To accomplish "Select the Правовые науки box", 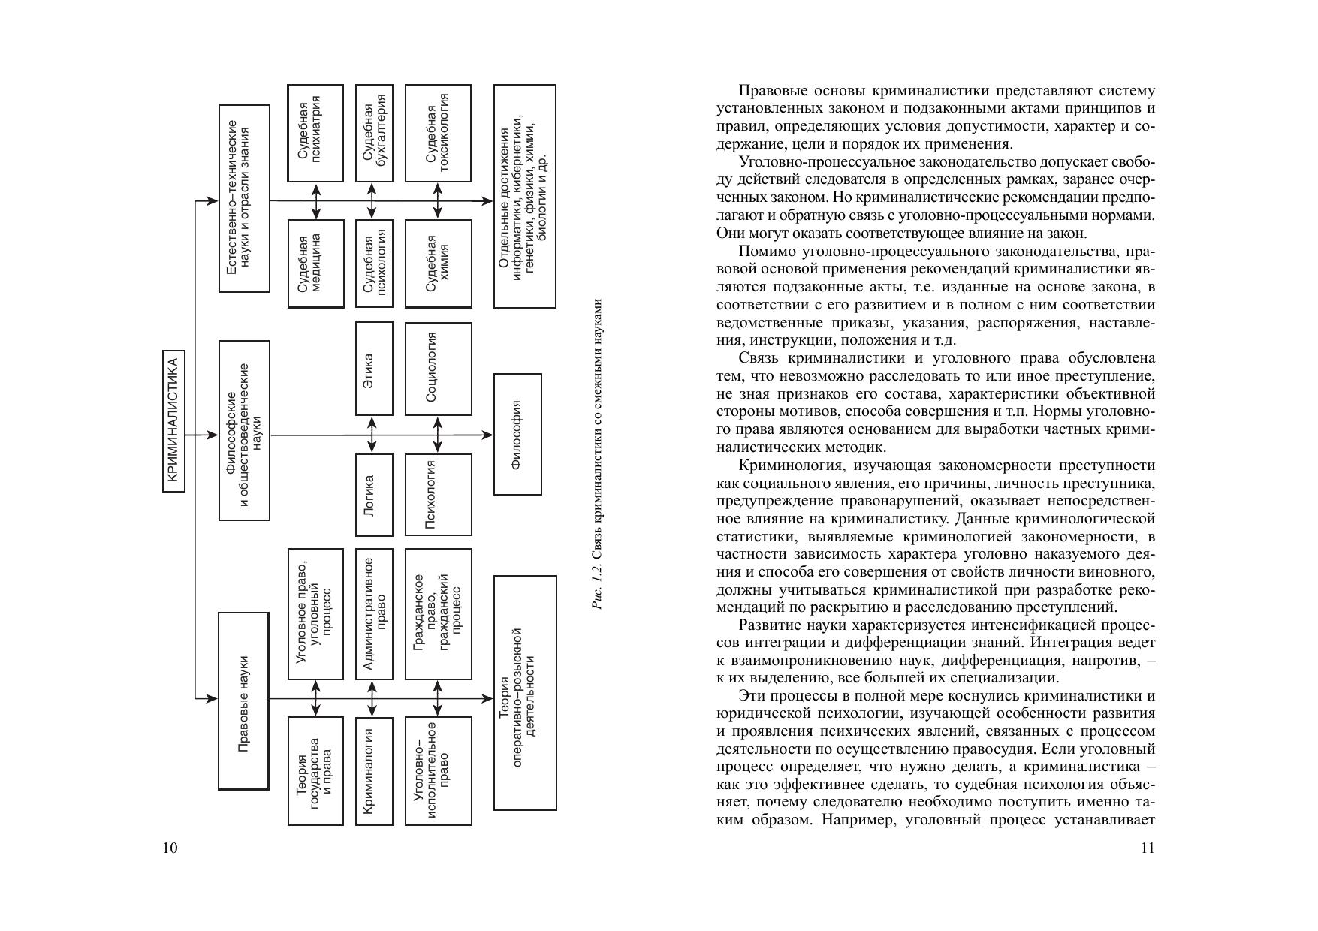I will pos(243,701).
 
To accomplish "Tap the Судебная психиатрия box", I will pos(315,133).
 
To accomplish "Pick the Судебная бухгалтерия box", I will pos(374,133).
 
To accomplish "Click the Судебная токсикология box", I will pos(438,133).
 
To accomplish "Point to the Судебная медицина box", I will pos(315,264).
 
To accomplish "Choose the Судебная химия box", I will pos(438,264).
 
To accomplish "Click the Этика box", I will pos(374,369).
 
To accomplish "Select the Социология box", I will pos(438,369).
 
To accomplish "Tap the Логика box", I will pos(374,495).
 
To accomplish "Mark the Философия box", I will pos(517,434).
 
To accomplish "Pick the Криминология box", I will pos(374,771).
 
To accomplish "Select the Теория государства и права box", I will pos(315,771).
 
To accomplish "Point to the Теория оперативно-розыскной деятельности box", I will pos(524,692).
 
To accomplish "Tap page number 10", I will pos(170,848).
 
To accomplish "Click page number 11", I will pos(1147,848).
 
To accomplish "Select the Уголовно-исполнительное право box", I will pos(438,771).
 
